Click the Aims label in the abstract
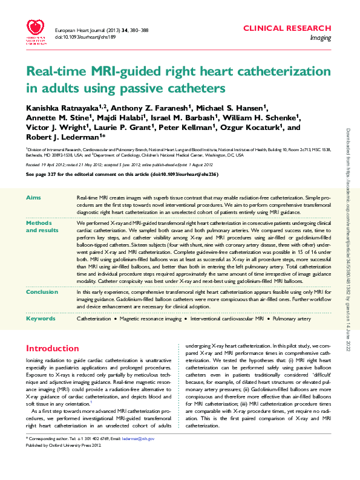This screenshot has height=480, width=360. click(x=34, y=198)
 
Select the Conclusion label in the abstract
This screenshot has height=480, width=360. click(x=42, y=291)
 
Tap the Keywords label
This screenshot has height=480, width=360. click(x=41, y=318)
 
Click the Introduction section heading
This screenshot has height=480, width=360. click(x=52, y=348)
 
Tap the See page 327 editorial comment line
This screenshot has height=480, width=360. click(x=122, y=174)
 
